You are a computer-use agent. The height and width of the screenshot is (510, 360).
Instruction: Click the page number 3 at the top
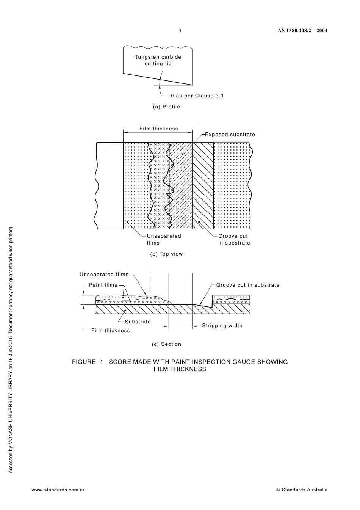[180, 31]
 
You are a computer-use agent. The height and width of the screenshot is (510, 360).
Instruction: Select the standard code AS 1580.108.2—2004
[300, 31]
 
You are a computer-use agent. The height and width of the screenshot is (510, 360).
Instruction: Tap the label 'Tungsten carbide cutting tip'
[158, 60]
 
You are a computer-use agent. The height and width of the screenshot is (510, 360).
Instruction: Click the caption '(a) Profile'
[166, 107]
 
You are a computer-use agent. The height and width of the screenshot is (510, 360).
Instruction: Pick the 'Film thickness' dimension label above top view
[158, 129]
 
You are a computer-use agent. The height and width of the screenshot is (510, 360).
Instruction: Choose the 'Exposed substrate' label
[230, 135]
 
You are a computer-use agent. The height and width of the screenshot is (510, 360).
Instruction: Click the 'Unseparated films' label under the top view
[164, 239]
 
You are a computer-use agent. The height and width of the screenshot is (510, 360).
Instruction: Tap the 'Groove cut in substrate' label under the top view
[234, 239]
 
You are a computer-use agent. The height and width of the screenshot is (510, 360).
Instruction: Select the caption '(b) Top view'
[166, 254]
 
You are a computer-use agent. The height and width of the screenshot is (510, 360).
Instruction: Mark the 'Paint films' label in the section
[103, 285]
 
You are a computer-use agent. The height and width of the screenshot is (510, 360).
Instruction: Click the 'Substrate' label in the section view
[138, 322]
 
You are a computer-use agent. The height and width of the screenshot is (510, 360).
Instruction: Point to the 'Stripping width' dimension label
[222, 326]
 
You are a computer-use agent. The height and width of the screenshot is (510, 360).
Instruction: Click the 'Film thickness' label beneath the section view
[111, 331]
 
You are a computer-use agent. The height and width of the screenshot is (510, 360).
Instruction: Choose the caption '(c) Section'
[166, 344]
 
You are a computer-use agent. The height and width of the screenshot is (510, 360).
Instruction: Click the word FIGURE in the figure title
[84, 362]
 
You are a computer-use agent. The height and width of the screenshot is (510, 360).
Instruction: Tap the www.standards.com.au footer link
[58, 490]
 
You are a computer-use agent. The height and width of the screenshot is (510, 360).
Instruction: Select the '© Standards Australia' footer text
[302, 490]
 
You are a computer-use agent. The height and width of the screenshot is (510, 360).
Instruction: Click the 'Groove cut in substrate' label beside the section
[248, 285]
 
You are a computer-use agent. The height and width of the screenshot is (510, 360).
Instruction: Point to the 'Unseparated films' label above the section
[104, 275]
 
